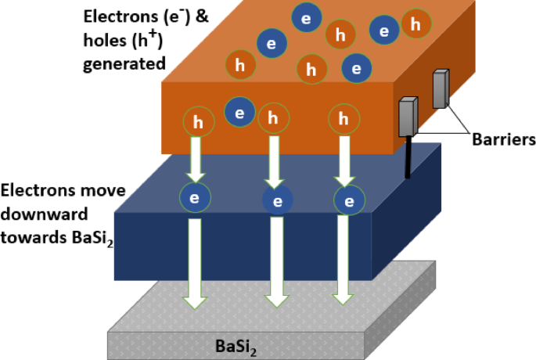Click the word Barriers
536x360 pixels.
[503, 140]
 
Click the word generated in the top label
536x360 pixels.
[124, 63]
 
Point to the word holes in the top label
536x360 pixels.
[101, 39]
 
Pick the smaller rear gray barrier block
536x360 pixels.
[441, 89]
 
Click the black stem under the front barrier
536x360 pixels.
[408, 157]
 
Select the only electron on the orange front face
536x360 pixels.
[239, 112]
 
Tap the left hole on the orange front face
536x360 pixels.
[199, 121]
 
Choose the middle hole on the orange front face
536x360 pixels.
[273, 118]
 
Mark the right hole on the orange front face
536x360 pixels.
[343, 120]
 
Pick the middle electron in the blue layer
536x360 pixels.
[277, 201]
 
